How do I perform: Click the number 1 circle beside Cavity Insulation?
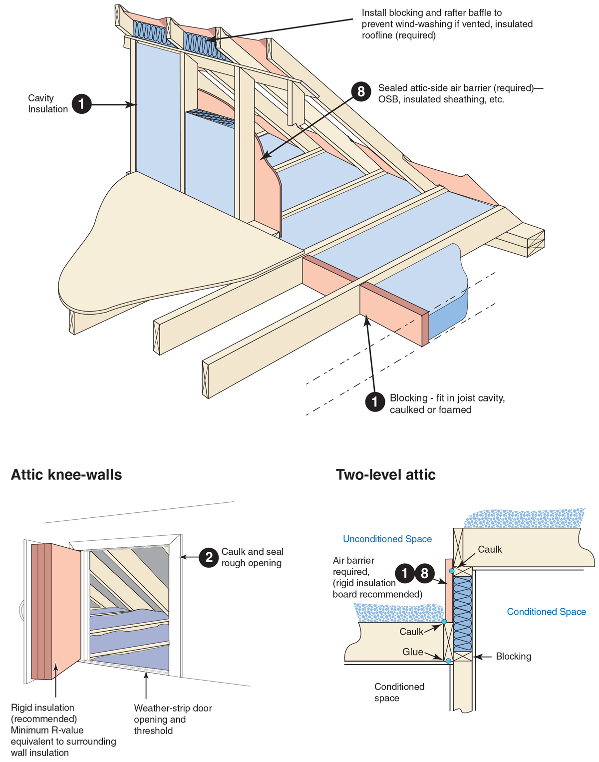[81, 104]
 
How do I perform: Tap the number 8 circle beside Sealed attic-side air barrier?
[361, 91]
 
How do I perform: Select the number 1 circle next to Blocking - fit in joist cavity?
[375, 401]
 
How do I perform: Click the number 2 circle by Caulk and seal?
[209, 557]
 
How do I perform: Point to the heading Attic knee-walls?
[66, 474]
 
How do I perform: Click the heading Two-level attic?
[385, 474]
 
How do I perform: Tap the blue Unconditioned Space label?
[387, 539]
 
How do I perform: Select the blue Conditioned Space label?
[546, 612]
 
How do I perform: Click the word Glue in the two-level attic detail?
[413, 652]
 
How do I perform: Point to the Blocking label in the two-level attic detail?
[513, 656]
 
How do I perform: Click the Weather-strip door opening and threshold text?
[173, 719]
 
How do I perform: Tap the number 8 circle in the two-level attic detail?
[424, 573]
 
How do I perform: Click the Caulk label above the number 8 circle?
[490, 549]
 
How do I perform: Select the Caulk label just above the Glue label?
[411, 632]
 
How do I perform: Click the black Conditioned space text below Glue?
[399, 692]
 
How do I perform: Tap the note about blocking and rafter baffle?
[447, 24]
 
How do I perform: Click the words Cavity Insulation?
[48, 104]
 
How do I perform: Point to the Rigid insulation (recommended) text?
[44, 713]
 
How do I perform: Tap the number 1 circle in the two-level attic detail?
[405, 573]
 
